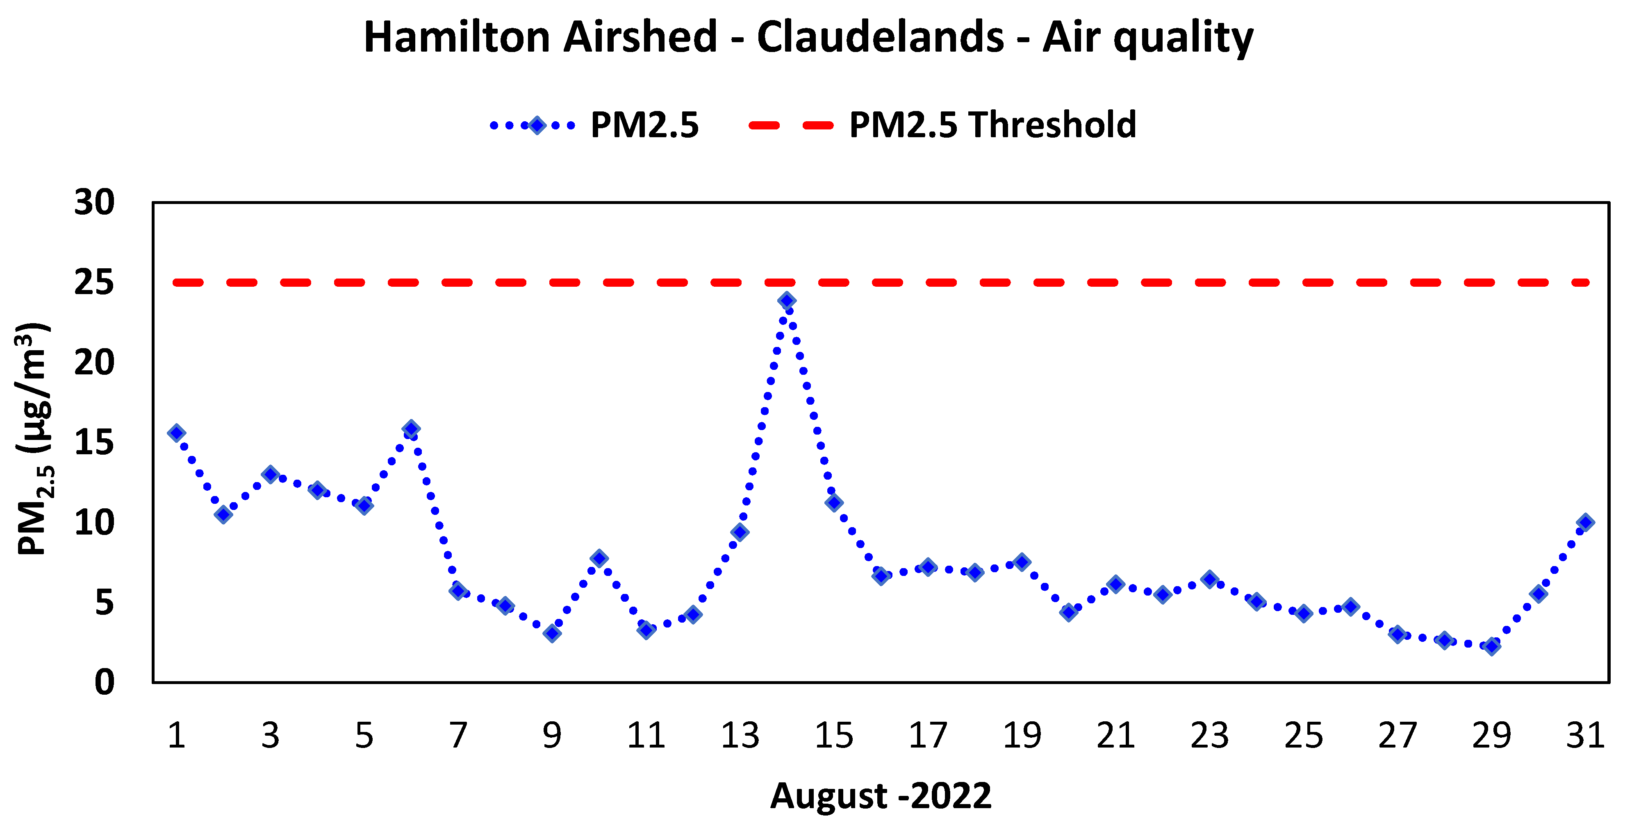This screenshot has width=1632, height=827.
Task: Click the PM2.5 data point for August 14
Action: [x=787, y=301]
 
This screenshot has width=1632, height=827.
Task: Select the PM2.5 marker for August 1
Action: [x=177, y=433]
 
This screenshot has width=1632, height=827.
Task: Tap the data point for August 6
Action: [x=411, y=429]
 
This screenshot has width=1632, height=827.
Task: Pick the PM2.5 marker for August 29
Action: [x=1492, y=646]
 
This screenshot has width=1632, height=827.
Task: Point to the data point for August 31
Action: [x=1586, y=522]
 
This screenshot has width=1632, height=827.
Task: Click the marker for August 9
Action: [x=552, y=633]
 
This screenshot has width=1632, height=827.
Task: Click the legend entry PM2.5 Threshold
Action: [x=992, y=125]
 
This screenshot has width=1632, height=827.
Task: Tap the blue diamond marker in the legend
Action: [x=537, y=125]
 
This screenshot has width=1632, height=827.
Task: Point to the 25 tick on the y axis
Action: [x=94, y=282]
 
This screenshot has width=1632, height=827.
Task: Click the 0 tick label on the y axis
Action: [x=105, y=683]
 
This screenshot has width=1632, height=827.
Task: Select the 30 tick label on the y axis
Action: [x=94, y=203]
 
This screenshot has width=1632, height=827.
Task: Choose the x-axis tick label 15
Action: [x=834, y=736]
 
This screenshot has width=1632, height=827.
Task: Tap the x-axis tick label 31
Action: [x=1585, y=736]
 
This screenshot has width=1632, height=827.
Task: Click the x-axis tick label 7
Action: [x=458, y=736]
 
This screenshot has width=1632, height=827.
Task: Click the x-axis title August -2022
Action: [x=881, y=796]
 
